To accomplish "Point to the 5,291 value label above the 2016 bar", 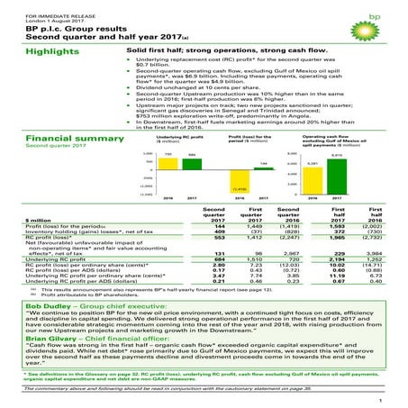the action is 338,162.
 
